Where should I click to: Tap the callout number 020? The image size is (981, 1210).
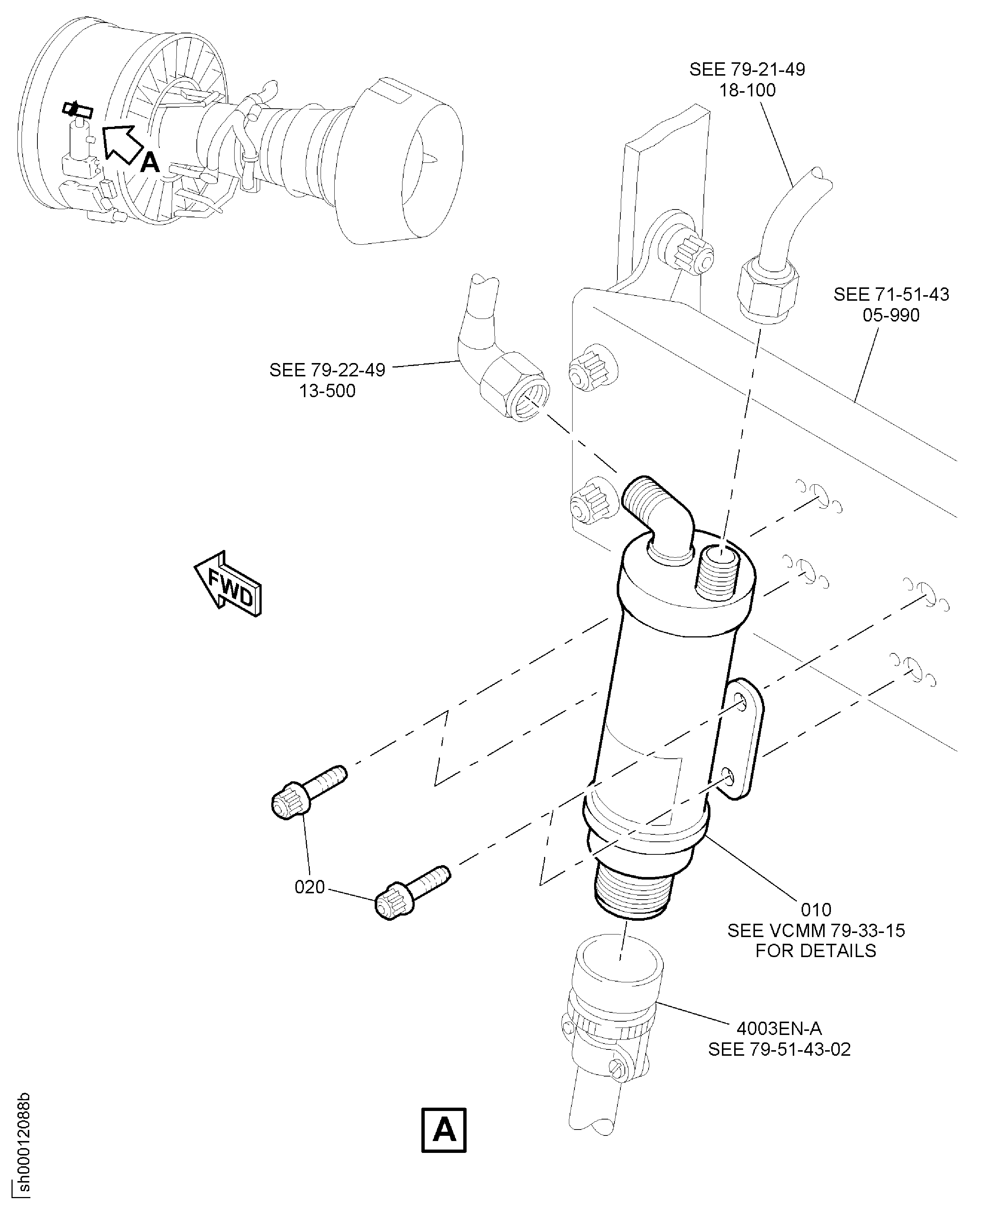click(310, 887)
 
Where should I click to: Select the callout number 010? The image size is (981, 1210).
click(816, 909)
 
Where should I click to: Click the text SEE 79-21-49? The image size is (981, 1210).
click(747, 70)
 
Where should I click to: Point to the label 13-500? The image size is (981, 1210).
click(327, 391)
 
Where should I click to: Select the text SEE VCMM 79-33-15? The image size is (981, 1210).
click(816, 930)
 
